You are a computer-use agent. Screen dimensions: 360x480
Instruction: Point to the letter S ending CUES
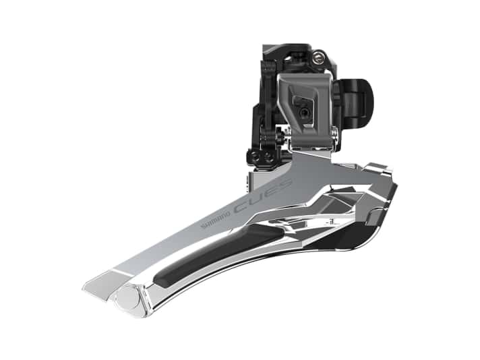(288, 183)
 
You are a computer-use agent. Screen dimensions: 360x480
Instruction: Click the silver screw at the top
(318, 58)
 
